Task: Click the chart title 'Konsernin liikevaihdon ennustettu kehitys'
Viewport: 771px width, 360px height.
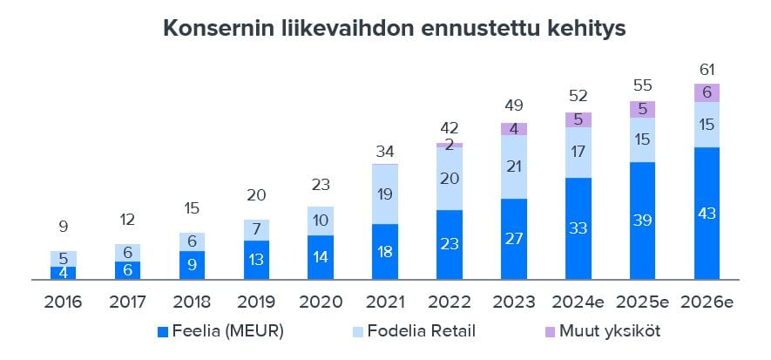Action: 394,29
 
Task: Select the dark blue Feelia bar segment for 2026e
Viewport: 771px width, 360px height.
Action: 707,214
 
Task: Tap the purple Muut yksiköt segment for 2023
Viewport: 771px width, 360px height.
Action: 514,129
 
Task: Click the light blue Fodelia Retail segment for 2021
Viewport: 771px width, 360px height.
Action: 384,194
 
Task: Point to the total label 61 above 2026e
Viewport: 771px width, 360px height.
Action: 707,70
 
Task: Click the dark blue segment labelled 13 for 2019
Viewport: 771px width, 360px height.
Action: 256,261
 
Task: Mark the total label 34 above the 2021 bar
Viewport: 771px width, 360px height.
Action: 384,152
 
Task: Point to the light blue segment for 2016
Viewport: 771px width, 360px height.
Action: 63,259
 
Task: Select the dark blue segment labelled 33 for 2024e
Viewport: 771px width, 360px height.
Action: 578,229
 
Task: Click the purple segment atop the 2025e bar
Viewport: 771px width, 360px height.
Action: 642,109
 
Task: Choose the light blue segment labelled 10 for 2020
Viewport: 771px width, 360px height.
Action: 320,221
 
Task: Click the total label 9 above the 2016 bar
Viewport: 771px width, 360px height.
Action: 63,228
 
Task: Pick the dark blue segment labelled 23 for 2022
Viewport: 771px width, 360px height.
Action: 449,245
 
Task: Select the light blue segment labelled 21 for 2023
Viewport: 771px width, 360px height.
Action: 514,167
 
